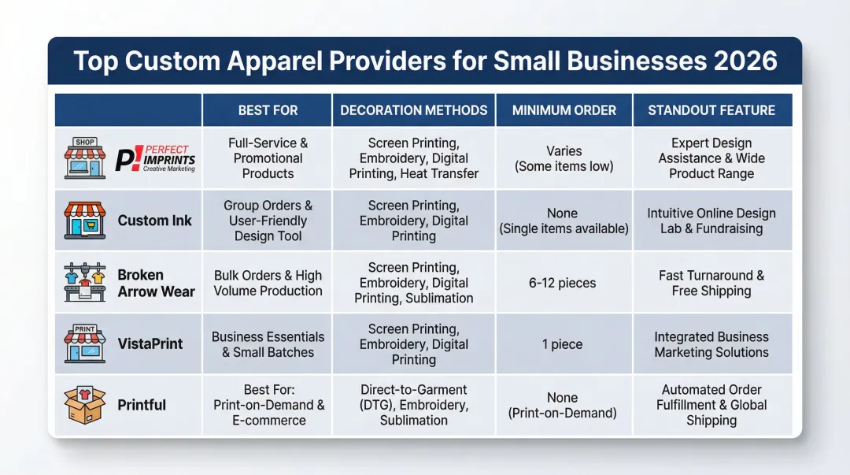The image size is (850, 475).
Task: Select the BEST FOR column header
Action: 268,110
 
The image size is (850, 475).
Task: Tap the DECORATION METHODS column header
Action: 414,110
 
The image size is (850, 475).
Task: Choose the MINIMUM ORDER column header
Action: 564,110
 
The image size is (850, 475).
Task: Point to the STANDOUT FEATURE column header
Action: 711,110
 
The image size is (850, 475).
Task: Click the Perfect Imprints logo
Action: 155,158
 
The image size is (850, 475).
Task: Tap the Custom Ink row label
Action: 154,221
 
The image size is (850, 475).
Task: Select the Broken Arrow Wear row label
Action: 156,283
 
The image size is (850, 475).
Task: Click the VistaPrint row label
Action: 150,344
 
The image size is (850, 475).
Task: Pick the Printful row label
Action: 142,405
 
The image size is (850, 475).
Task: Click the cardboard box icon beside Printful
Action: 84,405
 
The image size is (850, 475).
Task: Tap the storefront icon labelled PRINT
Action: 84,343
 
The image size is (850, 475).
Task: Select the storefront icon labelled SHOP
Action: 84,158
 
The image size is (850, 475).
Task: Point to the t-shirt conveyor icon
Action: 84,283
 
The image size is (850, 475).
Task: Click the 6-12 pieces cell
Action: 564,283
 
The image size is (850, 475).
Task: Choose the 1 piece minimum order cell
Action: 564,344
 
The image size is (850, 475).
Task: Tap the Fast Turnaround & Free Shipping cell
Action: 711,283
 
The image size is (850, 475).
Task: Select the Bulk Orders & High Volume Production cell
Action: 268,283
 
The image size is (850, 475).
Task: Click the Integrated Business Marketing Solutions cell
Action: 711,344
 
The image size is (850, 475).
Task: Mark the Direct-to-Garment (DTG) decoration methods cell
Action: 414,405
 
